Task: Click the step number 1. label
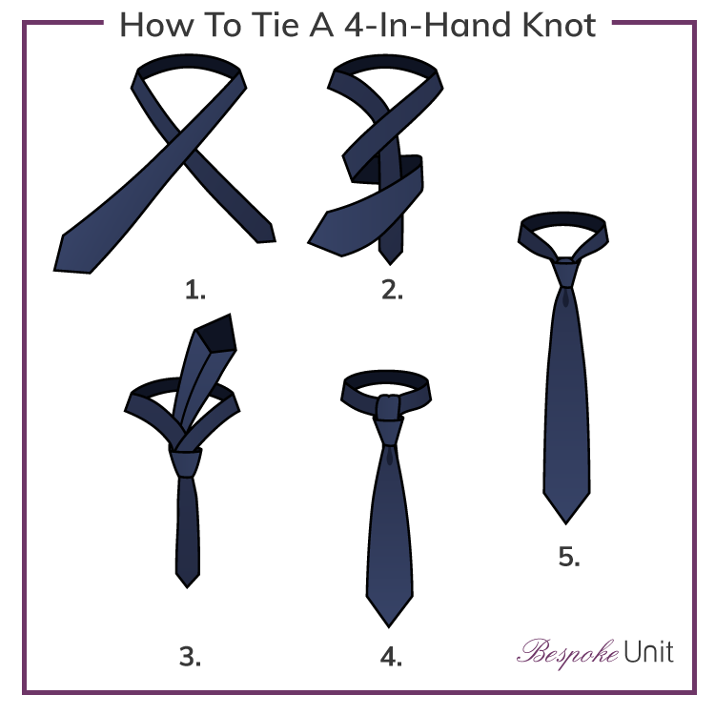coord(195,290)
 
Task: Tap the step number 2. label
coord(392,290)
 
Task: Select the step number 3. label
coord(191,656)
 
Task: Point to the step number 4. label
coord(390,656)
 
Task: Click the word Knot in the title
coord(552,25)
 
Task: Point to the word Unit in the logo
coord(648,652)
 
